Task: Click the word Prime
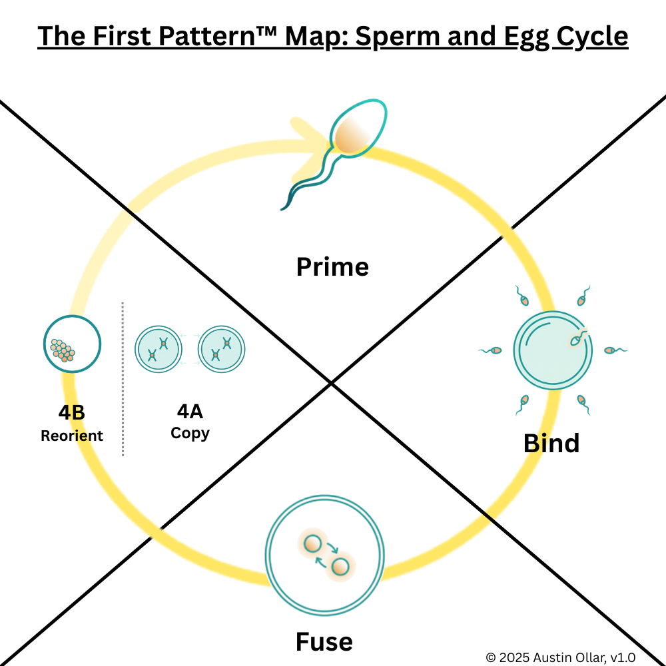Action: click(x=332, y=267)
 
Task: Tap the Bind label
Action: click(x=551, y=443)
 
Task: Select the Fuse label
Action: click(x=324, y=642)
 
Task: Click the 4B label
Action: click(x=71, y=413)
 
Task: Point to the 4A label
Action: click(x=190, y=412)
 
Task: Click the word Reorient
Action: click(x=72, y=436)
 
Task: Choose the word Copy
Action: click(x=190, y=433)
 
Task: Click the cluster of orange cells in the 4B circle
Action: click(x=63, y=350)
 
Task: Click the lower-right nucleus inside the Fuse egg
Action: click(x=340, y=567)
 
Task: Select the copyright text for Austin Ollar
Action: click(x=560, y=657)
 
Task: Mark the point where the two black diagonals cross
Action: click(x=331, y=382)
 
